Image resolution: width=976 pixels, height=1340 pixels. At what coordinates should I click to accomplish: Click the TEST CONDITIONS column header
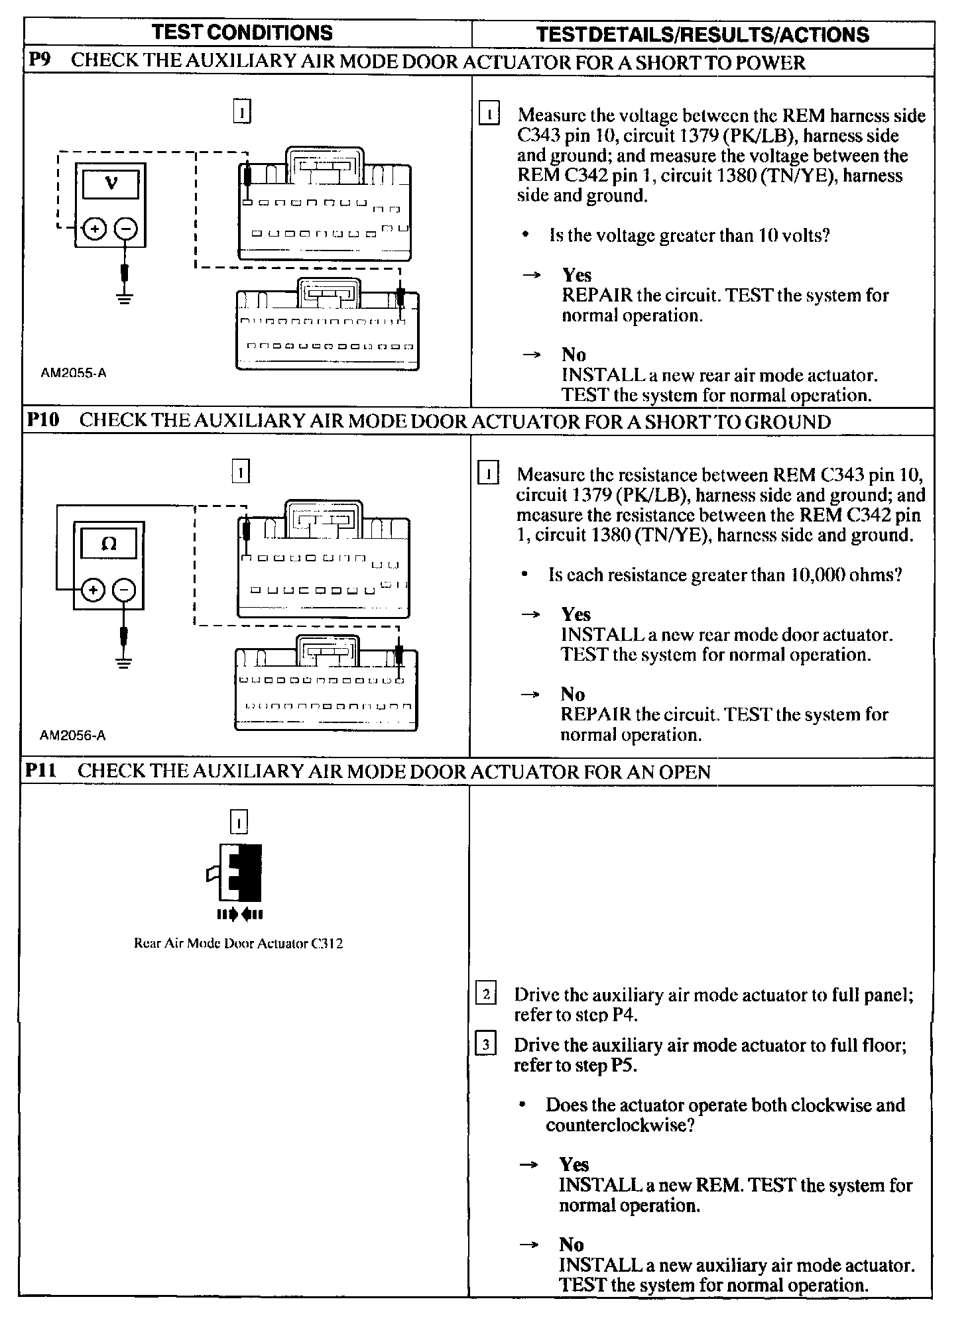tap(242, 33)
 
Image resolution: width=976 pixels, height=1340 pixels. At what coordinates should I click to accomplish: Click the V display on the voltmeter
tap(111, 184)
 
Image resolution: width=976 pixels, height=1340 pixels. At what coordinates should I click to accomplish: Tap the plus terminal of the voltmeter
tap(95, 229)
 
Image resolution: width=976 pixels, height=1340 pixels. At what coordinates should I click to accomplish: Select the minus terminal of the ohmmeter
tap(125, 589)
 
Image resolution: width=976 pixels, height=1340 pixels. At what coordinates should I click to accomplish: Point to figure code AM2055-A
tap(74, 373)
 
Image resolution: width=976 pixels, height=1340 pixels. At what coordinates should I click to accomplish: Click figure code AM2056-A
tap(73, 735)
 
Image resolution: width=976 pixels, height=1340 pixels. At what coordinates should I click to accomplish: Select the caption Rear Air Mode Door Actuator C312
tap(239, 944)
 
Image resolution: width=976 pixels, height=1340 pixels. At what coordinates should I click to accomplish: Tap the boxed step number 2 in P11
tap(486, 994)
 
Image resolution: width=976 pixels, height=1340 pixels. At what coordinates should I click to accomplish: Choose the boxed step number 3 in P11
tap(486, 1045)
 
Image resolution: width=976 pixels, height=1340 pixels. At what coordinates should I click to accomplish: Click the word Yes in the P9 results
tap(577, 275)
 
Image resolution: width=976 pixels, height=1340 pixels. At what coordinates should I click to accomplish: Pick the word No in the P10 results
tap(573, 694)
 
